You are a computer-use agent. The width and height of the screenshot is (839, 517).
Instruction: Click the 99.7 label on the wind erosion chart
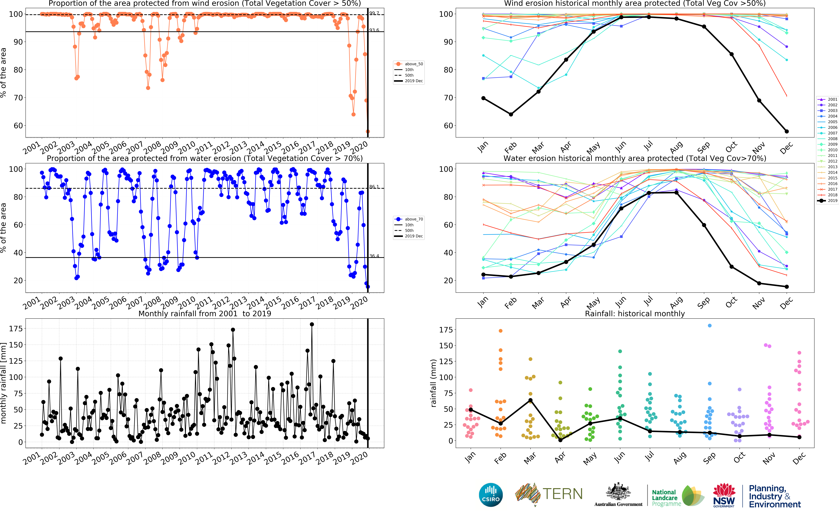point(374,13)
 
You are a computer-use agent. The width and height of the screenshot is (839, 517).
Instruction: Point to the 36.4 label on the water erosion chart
point(374,256)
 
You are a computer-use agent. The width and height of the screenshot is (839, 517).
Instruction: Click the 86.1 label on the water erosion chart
point(374,187)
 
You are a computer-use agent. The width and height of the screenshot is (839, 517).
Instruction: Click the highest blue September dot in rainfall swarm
point(709,326)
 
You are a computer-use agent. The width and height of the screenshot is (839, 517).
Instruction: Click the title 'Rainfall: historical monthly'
point(635,314)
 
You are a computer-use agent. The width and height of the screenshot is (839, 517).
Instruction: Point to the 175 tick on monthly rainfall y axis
point(16,329)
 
